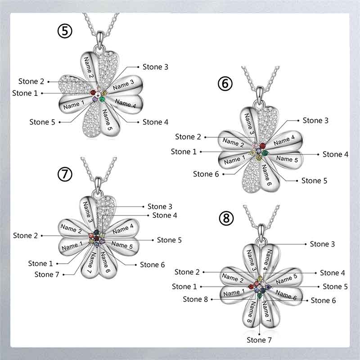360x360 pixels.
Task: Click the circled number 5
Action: pos(65,31)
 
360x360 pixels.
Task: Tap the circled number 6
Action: pos(225,84)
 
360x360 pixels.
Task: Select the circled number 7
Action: pos(65,174)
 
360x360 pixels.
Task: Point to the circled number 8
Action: pos(226,218)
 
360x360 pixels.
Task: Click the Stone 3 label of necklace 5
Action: pos(155,67)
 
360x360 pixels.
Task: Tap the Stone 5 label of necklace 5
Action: pos(42,122)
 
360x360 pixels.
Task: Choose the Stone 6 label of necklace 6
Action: pos(206,174)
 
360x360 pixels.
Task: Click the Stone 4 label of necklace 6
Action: pos(335,154)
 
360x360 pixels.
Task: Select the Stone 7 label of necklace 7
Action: pos(47,274)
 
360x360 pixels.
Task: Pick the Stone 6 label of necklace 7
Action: pos(153,265)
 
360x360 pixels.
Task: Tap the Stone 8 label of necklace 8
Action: pos(195,299)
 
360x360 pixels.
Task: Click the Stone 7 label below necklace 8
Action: pos(259,340)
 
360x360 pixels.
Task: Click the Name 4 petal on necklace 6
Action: pos(284,140)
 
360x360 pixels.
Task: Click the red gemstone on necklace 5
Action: pos(93,93)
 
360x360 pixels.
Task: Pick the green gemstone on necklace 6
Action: pos(265,153)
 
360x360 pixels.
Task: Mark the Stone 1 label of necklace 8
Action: pos(184,287)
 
